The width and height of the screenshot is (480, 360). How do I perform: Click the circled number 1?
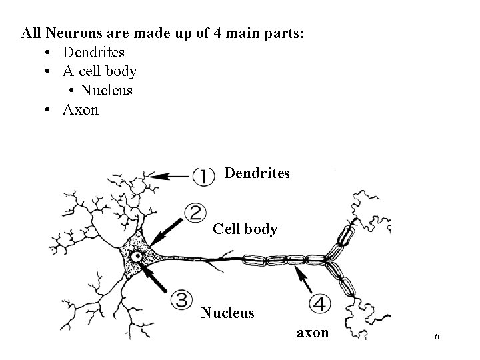tap(203, 176)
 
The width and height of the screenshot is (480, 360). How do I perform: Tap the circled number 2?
tap(195, 213)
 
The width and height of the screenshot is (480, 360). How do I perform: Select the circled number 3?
tap(181, 299)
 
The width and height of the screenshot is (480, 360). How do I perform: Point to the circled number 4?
tap(320, 303)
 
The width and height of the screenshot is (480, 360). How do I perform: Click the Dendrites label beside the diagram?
tap(257, 173)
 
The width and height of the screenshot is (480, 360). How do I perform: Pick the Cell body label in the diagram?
tap(245, 229)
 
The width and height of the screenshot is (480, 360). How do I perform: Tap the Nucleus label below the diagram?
tap(227, 312)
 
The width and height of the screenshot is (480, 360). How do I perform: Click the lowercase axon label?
tap(312, 332)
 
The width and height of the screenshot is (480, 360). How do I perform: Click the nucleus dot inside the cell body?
tap(137, 257)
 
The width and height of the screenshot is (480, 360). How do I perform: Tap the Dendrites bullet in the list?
tap(93, 51)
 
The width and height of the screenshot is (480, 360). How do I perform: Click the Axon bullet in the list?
tap(80, 109)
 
